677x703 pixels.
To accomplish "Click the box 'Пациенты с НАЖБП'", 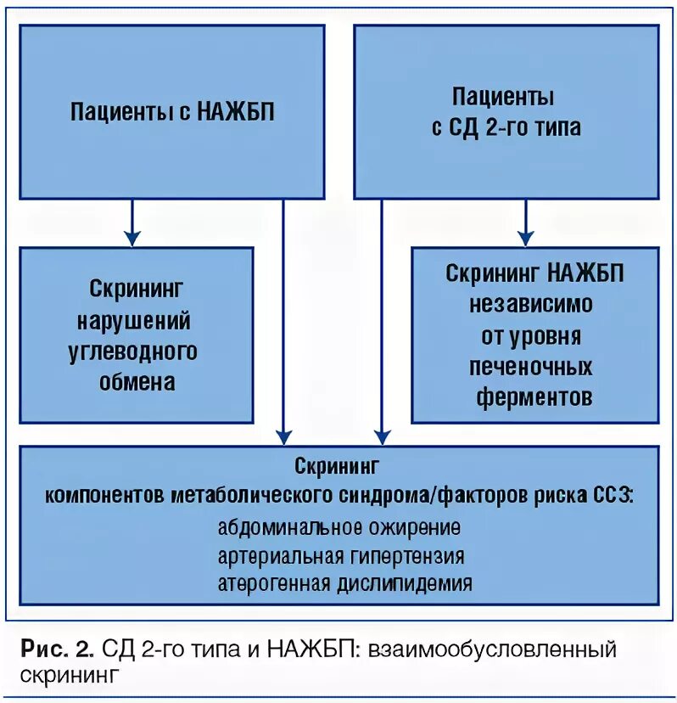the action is tap(172, 112).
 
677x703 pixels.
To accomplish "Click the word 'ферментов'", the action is tap(534, 396).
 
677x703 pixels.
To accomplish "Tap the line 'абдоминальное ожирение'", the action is tap(338, 527).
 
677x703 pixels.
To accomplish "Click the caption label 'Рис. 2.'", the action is tap(58, 651).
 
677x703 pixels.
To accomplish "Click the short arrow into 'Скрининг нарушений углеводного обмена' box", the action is tap(131, 222).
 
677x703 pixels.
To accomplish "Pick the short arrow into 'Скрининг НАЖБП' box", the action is tap(526, 222).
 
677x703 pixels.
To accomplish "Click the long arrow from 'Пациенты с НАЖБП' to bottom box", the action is tap(284, 323).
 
